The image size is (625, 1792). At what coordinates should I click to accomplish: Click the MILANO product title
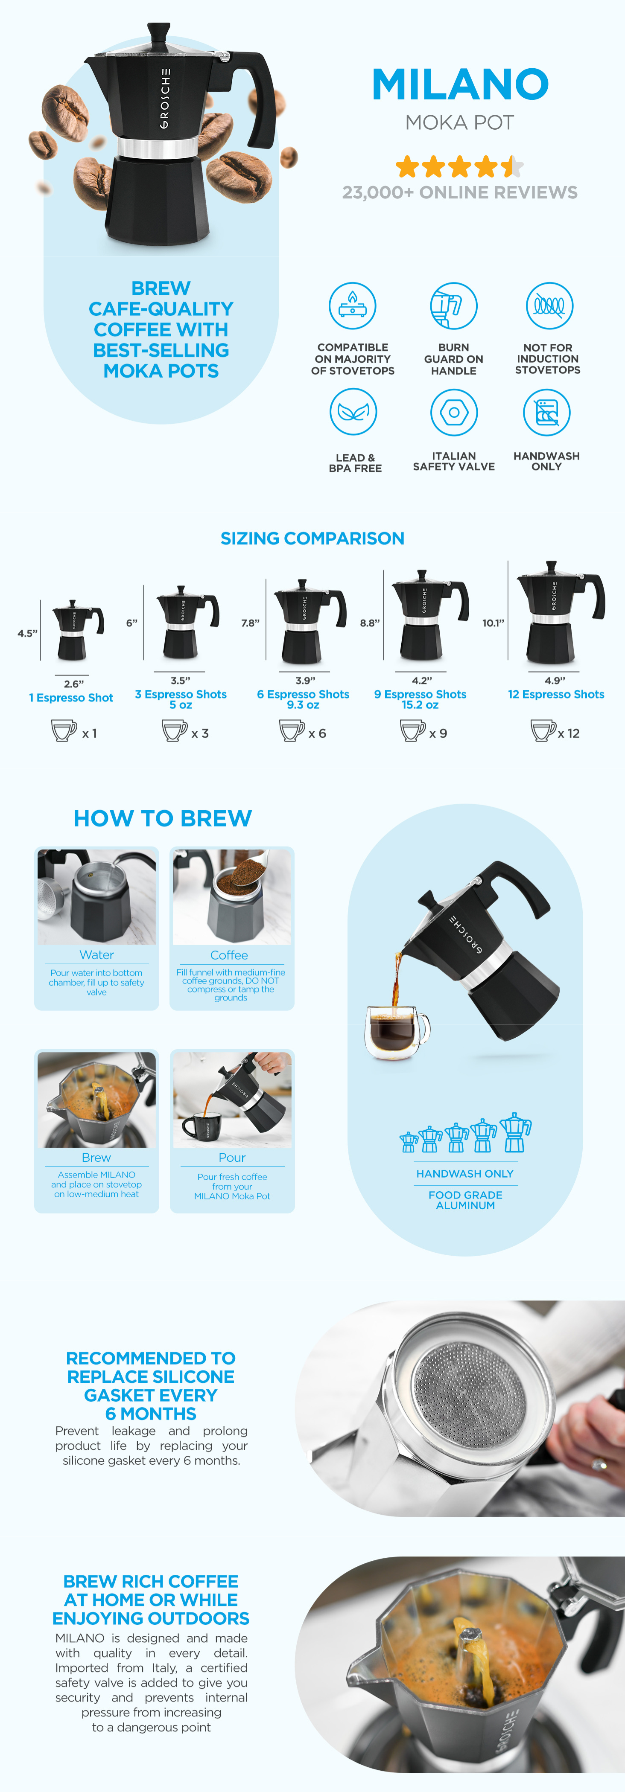[460, 84]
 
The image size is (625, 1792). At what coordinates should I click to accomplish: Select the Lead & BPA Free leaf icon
[353, 412]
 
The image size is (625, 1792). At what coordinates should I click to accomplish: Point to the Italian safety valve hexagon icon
[454, 412]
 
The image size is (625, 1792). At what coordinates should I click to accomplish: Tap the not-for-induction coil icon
[549, 305]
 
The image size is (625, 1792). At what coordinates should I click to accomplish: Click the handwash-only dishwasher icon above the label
[546, 412]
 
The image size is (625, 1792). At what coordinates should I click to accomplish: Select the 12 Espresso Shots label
[556, 694]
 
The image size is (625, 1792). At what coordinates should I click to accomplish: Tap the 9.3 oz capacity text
[304, 705]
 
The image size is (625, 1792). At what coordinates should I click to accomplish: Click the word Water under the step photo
[97, 955]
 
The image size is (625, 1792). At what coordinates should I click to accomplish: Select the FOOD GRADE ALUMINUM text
[465, 1200]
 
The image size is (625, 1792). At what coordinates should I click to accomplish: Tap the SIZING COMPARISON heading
[312, 538]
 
